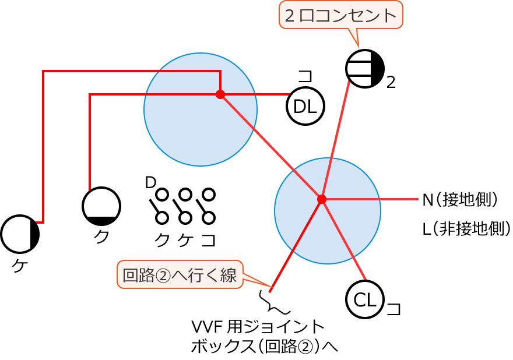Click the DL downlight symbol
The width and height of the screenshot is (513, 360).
pos(305,106)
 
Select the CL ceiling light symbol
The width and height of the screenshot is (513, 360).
pos(365,299)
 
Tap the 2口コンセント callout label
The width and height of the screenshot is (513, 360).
pos(341,15)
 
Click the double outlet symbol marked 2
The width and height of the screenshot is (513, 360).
pos(365,68)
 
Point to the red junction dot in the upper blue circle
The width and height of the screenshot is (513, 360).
pos(220,94)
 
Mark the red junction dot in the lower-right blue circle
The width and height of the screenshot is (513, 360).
pos(321,199)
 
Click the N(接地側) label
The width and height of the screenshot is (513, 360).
pos(461,200)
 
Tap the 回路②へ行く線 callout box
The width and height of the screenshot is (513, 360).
pos(180,274)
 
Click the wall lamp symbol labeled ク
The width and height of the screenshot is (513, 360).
pos(101,206)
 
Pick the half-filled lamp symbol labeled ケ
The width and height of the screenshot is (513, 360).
pos(20,234)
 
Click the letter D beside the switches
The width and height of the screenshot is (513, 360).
pos(150,182)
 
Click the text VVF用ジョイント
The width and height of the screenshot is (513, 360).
pos(257,324)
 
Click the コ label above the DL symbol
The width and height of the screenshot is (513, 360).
pos(305,76)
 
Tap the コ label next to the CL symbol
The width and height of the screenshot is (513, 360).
pos(394,308)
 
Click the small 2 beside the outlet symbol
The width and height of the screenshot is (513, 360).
pos(391,82)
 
